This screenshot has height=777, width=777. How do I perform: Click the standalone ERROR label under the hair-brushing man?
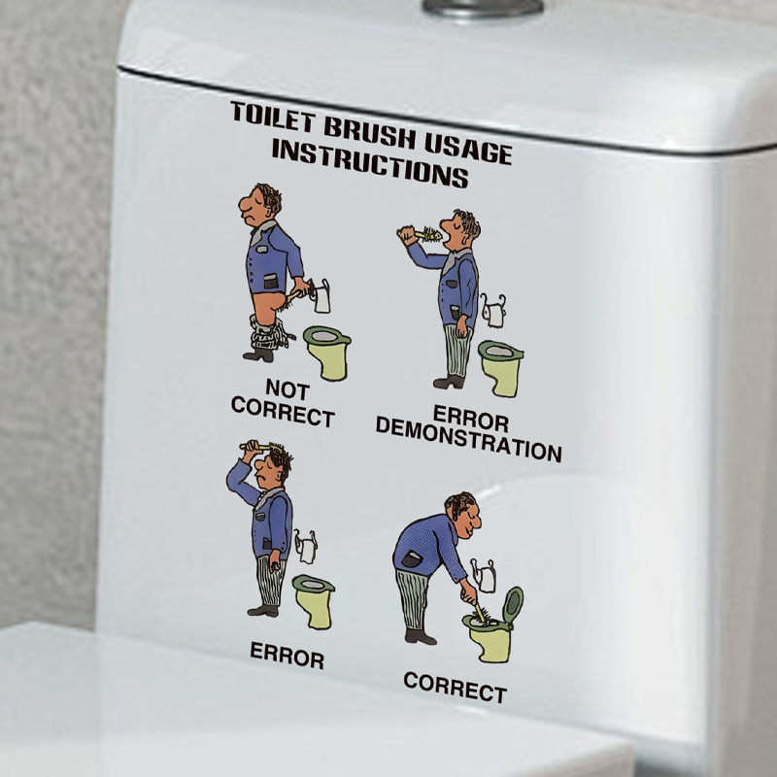[287, 655]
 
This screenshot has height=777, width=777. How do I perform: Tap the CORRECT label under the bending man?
[455, 687]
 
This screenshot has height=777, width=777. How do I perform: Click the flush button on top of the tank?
[483, 7]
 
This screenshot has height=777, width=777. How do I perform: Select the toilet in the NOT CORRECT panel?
[327, 353]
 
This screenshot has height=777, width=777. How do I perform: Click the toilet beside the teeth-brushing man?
[500, 368]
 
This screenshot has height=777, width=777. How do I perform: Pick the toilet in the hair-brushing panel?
[314, 601]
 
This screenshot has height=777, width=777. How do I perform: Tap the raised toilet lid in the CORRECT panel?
[514, 604]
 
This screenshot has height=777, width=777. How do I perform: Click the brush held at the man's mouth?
[421, 234]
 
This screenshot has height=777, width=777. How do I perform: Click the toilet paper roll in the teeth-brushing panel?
[493, 312]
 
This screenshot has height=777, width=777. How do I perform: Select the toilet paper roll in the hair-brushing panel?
[306, 547]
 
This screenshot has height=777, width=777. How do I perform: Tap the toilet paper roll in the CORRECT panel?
[484, 576]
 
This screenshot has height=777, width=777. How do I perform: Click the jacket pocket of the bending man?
[411, 559]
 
